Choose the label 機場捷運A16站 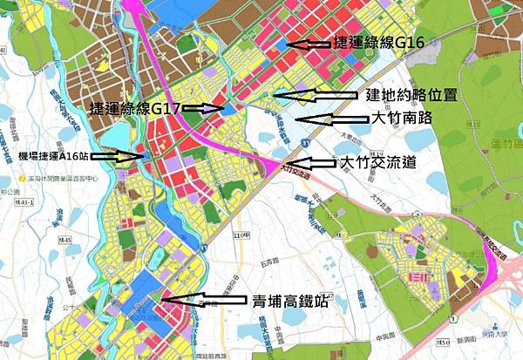pos(51,156)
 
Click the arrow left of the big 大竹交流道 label pos(311,162)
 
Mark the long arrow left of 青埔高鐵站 pos(202,300)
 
